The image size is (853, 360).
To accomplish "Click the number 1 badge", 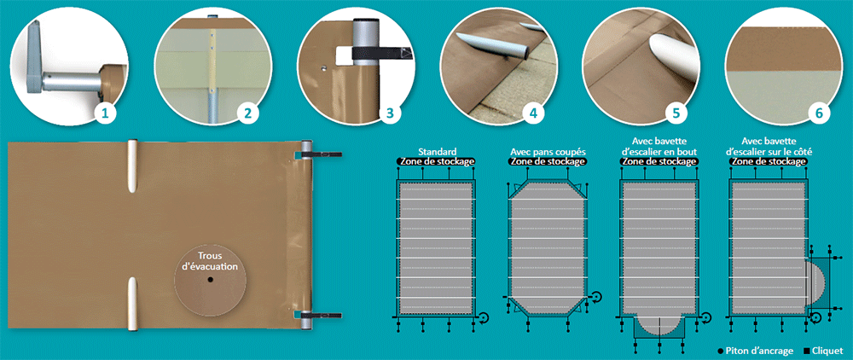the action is tap(106, 113).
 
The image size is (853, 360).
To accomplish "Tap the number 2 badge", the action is tap(247, 113).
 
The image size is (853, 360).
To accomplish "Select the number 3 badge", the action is tap(390, 113).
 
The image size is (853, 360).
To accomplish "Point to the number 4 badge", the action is tap(532, 113).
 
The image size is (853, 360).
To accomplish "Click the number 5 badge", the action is tap(676, 113).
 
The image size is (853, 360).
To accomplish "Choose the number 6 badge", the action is tap(819, 113).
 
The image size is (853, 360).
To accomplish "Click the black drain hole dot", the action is tap(210, 280).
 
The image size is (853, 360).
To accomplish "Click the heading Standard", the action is tap(436, 153).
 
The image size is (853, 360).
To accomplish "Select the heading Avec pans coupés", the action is tap(548, 153).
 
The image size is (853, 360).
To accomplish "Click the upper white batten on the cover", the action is tap(133, 165).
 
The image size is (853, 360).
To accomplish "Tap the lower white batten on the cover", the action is tap(133, 304).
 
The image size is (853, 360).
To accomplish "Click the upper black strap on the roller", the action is tap(321, 155).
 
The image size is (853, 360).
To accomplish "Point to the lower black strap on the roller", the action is tap(321, 315).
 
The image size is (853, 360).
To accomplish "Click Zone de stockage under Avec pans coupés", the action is tap(548, 161).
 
